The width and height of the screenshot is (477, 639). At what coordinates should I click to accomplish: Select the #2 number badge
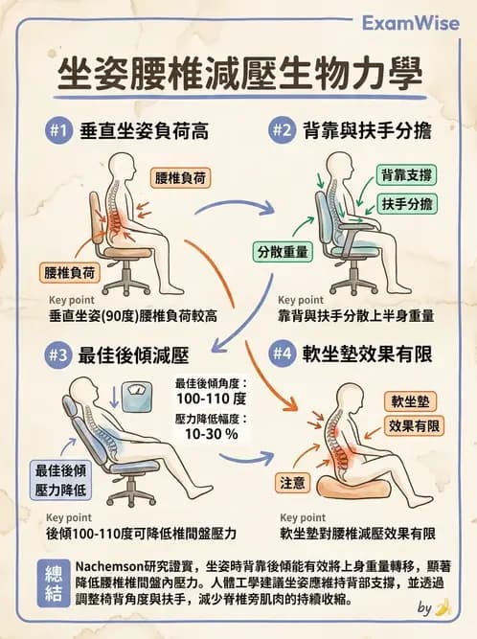(x=282, y=130)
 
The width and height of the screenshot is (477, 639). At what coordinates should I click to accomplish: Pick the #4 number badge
(x=282, y=354)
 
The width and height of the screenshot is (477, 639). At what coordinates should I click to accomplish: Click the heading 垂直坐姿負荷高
(x=145, y=130)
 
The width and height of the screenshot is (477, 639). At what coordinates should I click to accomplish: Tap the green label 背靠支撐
(x=407, y=175)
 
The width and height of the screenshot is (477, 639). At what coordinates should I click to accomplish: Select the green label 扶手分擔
(x=407, y=204)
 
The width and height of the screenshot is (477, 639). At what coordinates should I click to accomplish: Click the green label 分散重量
(x=282, y=252)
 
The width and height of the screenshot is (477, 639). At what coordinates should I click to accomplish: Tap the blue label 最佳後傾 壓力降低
(x=60, y=478)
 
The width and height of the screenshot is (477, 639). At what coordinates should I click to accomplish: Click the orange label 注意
(x=291, y=481)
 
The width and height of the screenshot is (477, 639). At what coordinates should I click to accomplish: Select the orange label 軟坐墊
(x=411, y=400)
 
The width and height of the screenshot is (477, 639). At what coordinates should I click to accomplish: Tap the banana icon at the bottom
(x=443, y=606)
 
